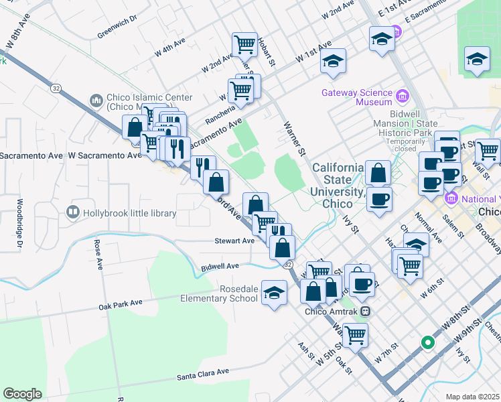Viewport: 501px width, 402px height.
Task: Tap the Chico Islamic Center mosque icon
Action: (x=95, y=101)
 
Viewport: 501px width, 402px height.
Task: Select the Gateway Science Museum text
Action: (x=356, y=97)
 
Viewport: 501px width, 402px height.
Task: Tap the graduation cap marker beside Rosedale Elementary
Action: (x=273, y=293)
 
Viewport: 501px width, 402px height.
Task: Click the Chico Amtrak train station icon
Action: (x=366, y=311)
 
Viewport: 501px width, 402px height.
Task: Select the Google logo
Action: (x=22, y=394)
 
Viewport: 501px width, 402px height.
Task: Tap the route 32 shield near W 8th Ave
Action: (x=56, y=88)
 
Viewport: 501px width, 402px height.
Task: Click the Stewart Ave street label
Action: (x=234, y=241)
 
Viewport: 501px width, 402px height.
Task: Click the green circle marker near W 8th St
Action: (x=427, y=343)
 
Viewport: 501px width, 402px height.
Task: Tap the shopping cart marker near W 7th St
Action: (x=354, y=333)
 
